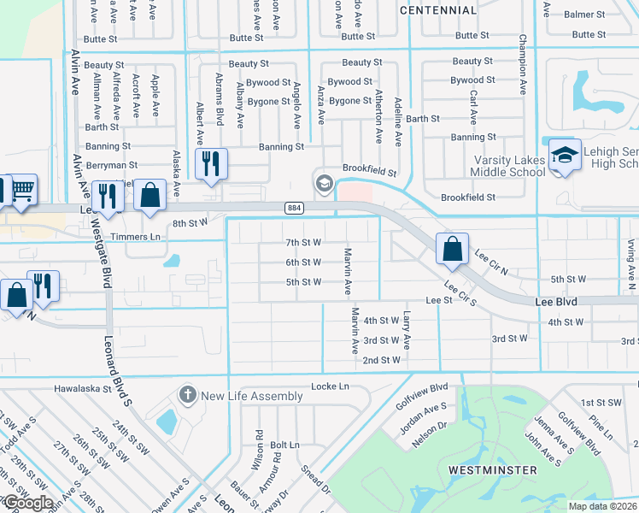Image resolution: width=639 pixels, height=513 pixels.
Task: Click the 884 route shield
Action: tap(294, 208)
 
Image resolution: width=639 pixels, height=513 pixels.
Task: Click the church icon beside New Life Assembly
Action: tap(188, 396)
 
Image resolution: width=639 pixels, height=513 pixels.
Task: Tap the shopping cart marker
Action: tap(23, 191)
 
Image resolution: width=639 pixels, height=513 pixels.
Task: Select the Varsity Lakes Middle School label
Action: tap(510, 166)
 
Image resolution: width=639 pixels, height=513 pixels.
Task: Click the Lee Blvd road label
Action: tap(556, 302)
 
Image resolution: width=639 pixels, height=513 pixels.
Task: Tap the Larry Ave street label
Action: tap(407, 331)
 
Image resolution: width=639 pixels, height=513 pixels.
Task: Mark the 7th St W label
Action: tap(303, 242)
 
